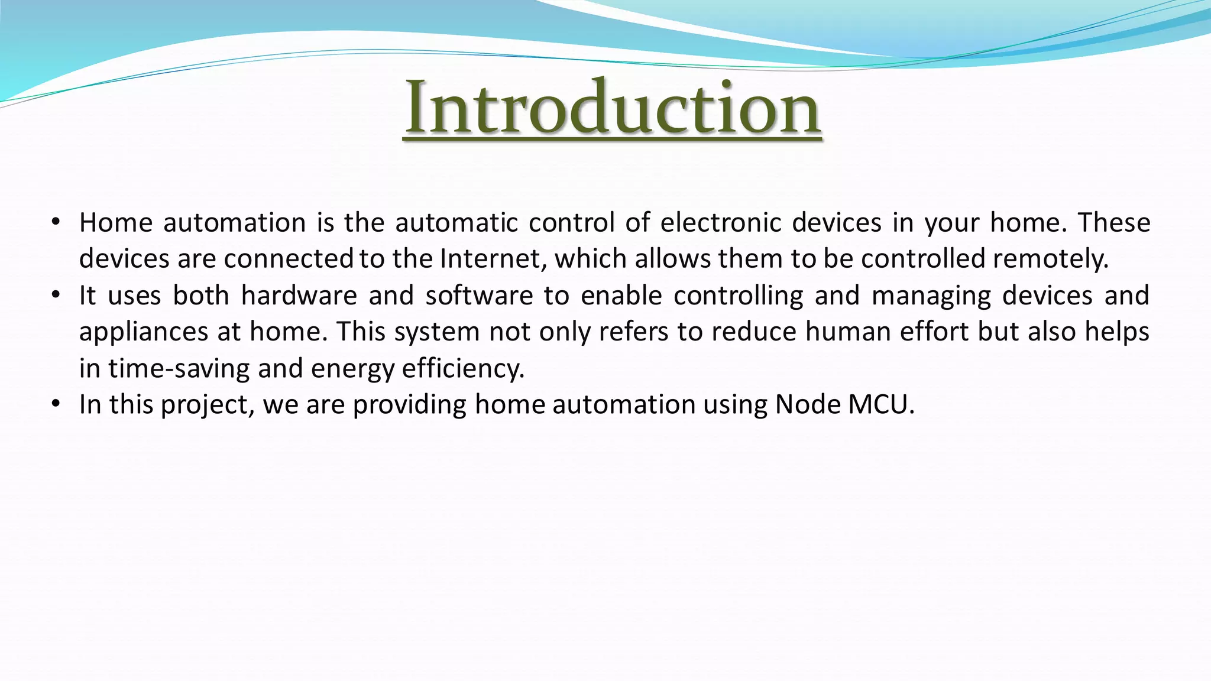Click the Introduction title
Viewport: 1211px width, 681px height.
(x=612, y=108)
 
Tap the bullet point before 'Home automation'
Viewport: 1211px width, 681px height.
(x=56, y=222)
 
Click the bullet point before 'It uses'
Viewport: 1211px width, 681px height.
(x=56, y=295)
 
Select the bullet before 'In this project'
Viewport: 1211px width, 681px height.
(x=56, y=404)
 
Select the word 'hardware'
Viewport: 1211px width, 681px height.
(x=299, y=296)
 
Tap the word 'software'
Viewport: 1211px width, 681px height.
(x=479, y=296)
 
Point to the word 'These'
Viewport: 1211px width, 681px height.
(x=1113, y=223)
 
